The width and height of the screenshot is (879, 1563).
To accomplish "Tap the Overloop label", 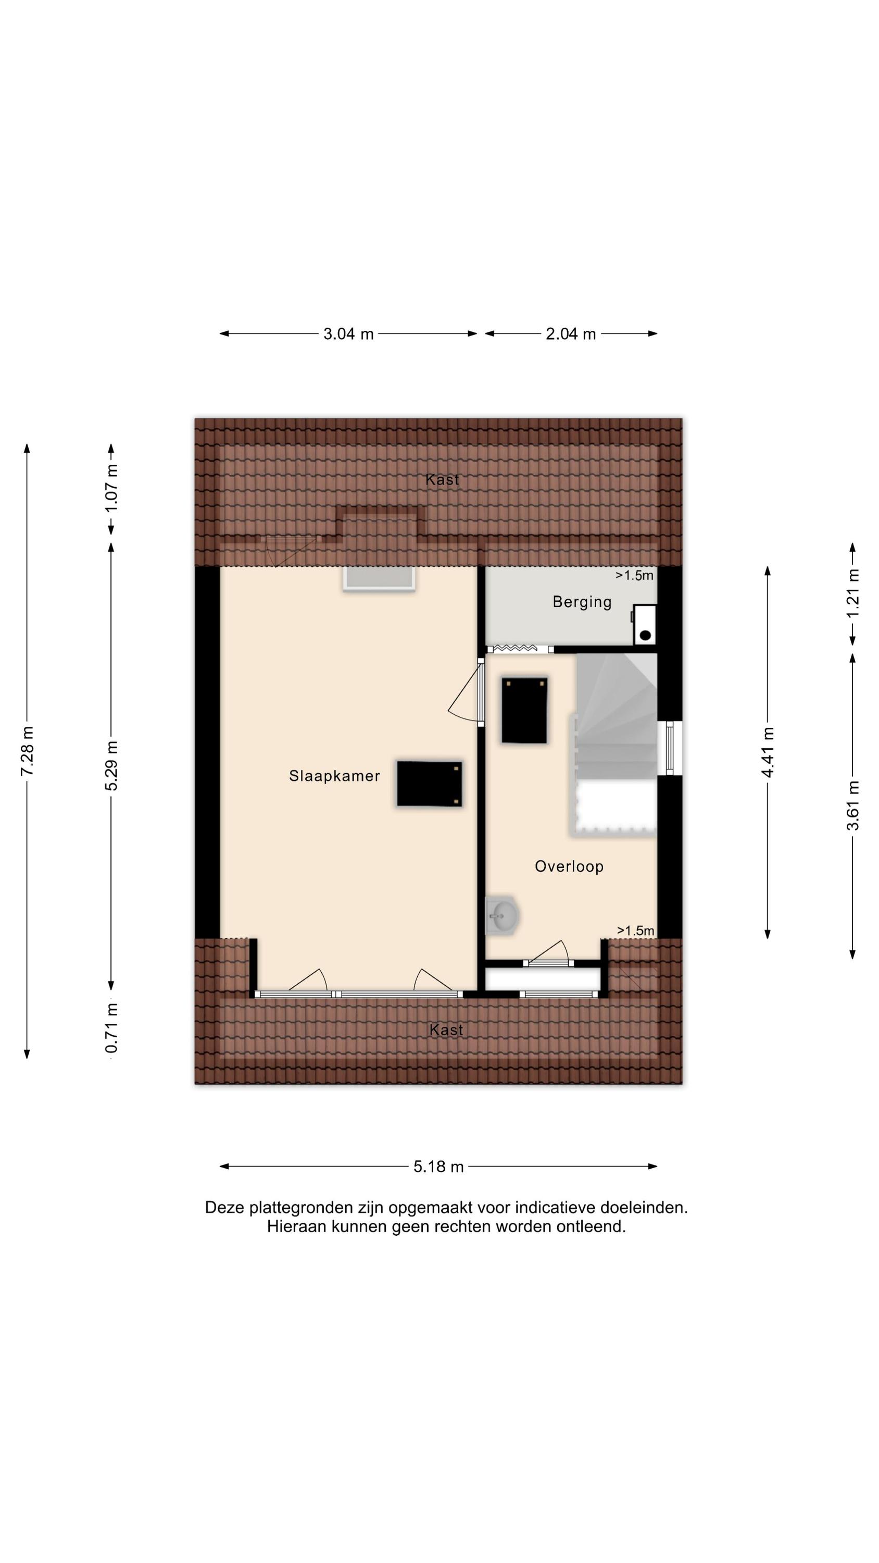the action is (x=569, y=866).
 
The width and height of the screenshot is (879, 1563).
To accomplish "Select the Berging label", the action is (x=582, y=602).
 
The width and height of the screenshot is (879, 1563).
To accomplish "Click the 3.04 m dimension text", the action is (x=348, y=334).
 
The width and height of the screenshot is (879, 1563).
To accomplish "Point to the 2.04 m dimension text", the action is (x=571, y=334).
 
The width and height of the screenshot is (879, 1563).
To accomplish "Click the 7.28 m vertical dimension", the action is (x=27, y=751).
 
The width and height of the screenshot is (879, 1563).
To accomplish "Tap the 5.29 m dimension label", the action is (x=111, y=766).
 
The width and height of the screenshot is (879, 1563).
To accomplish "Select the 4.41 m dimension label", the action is (x=768, y=752).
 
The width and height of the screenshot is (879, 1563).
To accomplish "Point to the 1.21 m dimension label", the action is (x=853, y=592).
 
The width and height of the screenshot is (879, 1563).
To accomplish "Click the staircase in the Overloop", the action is (x=614, y=746).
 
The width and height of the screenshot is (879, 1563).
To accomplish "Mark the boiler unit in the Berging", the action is (x=645, y=624).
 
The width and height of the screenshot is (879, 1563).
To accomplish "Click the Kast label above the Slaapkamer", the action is (x=442, y=479).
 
